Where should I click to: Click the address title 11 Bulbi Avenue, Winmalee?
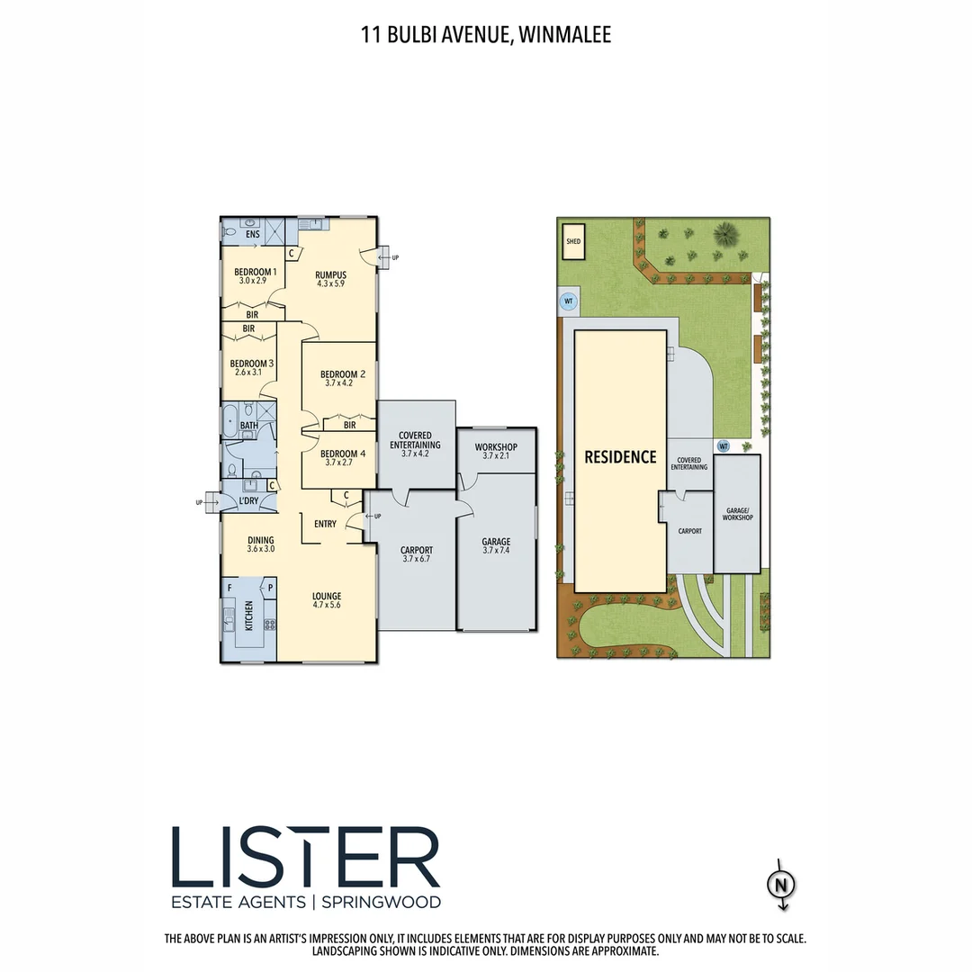point(486,36)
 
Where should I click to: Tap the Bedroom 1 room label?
point(255,272)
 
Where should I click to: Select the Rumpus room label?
point(330,274)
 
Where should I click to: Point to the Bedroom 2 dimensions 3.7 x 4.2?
point(338,382)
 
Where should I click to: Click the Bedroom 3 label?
point(252,363)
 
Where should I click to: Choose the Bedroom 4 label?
point(342,454)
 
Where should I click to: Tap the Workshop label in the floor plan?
point(496,447)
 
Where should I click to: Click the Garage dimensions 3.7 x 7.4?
point(496,552)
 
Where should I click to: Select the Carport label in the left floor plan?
point(416,550)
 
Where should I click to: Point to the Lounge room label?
point(327,595)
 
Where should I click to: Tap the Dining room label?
point(261,540)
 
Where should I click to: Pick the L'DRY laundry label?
point(248,500)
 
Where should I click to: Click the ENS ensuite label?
point(252,235)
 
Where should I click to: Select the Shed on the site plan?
point(573,241)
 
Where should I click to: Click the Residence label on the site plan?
point(620,457)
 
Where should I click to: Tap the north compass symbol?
point(781,885)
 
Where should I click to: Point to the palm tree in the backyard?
point(724,236)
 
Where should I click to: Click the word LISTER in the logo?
point(305,858)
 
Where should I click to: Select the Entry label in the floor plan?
point(326,524)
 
